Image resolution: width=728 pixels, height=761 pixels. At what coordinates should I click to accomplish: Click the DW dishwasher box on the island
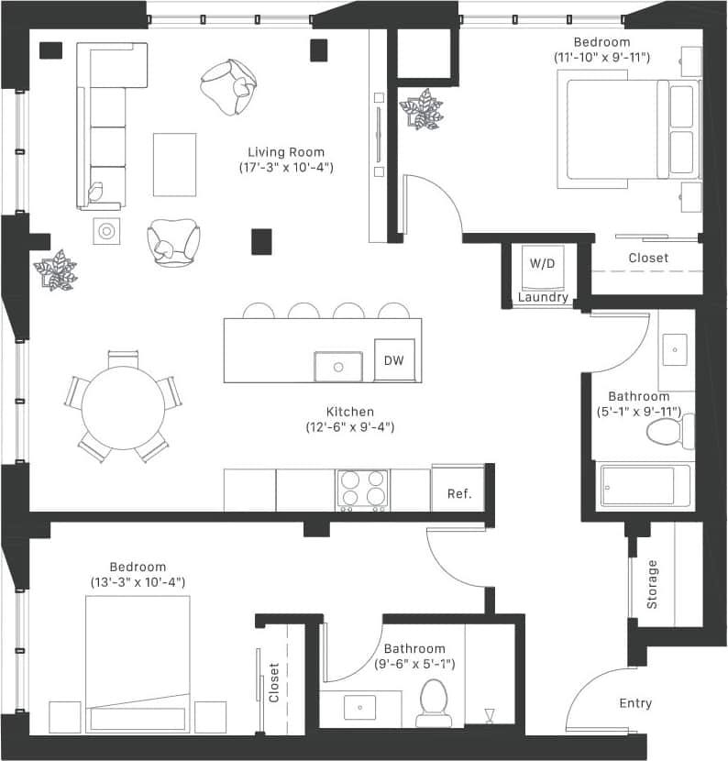(x=394, y=359)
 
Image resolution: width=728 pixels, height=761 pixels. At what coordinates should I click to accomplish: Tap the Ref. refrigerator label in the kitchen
(x=458, y=494)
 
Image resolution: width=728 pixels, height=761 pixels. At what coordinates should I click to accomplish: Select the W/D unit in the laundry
(x=542, y=264)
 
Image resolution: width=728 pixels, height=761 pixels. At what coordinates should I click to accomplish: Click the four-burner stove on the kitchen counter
(x=361, y=490)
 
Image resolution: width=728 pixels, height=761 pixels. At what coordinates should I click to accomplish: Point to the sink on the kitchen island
(x=338, y=366)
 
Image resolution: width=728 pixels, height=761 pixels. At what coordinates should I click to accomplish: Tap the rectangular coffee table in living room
(x=174, y=164)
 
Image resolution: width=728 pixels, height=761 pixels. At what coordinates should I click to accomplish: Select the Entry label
(x=635, y=703)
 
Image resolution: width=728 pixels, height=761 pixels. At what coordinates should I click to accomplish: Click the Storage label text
(x=653, y=585)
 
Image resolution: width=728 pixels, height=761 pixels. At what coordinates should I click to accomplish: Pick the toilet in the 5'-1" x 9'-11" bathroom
(x=664, y=430)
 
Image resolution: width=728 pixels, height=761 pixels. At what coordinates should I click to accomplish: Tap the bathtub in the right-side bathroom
(x=645, y=486)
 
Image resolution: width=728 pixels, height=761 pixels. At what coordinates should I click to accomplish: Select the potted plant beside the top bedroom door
(x=421, y=109)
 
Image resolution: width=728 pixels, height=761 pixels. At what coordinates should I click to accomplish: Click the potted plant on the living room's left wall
(x=55, y=270)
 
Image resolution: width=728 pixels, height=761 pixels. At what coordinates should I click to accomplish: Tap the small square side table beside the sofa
(x=106, y=230)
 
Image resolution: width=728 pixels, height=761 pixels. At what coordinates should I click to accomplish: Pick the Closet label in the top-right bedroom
(x=648, y=259)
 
